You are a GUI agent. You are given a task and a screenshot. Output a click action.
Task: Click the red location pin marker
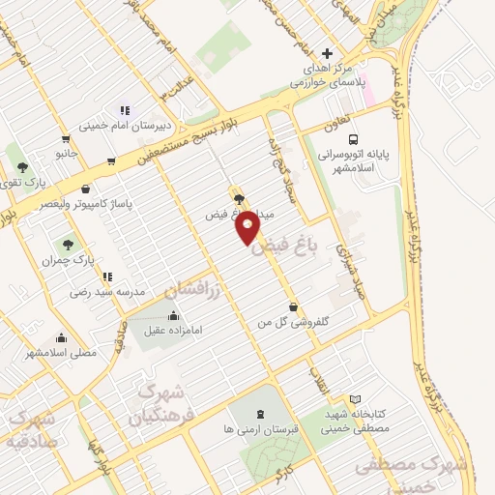tap(248, 226)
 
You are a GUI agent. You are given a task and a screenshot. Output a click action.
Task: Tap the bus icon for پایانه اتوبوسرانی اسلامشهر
tap(354, 138)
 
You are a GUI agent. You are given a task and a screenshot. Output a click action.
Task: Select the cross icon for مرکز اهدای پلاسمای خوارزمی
tap(327, 53)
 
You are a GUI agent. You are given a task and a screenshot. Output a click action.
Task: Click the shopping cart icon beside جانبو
tap(65, 138)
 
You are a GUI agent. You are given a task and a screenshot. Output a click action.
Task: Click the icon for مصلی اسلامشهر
tap(63, 338)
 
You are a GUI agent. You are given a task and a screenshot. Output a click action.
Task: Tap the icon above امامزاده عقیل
tap(173, 315)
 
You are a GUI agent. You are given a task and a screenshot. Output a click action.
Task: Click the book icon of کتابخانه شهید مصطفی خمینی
tap(355, 399)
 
